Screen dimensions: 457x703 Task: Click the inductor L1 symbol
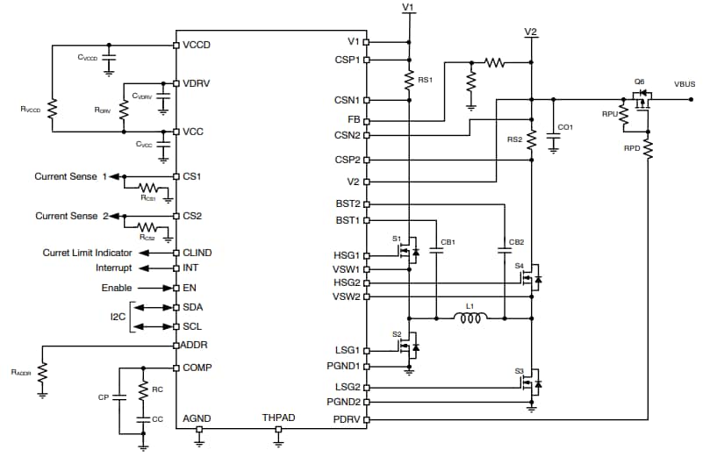point(470,318)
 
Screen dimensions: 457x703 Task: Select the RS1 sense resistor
point(409,81)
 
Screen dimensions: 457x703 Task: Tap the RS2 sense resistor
point(532,141)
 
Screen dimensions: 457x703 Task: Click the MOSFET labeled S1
point(408,253)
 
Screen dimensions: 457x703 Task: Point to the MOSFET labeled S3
point(532,383)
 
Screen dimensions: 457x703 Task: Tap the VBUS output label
point(685,83)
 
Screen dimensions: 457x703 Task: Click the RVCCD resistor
point(52,109)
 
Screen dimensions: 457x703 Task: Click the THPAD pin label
point(279,418)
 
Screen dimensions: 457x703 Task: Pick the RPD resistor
point(648,148)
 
